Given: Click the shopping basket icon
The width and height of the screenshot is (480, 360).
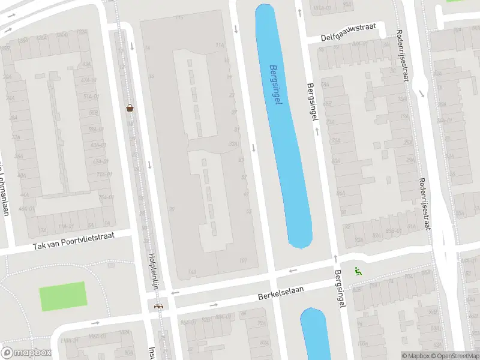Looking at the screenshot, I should pyautogui.click(x=130, y=108).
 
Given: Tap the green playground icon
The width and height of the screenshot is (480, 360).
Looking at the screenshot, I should pyautogui.click(x=358, y=271).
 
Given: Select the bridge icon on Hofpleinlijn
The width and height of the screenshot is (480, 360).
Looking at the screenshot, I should pyautogui.click(x=158, y=307).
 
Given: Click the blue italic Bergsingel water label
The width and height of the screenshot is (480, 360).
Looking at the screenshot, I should pyautogui.click(x=276, y=85).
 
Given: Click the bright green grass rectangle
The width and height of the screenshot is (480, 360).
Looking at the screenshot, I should pyautogui.click(x=62, y=296).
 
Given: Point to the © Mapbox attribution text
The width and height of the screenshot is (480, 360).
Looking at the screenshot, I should pyautogui.click(x=415, y=356).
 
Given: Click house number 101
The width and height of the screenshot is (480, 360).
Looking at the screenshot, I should pyautogui.click(x=243, y=260).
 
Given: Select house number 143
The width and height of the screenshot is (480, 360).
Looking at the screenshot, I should pyautogui.click(x=192, y=272).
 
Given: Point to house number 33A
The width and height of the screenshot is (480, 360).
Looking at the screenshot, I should pyautogui.click(x=233, y=144).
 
